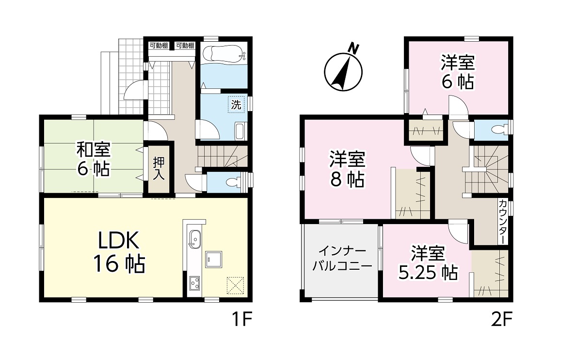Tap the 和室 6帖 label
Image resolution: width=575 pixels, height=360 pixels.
coord(93,159)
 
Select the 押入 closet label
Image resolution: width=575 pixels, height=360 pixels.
coord(159,168)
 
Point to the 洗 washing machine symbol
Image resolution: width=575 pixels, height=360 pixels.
coord(236,105)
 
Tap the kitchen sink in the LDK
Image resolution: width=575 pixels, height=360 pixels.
coord(194,240)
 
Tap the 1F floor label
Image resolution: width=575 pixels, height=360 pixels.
coord(241,320)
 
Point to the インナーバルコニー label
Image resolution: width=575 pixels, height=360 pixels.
coord(342,259)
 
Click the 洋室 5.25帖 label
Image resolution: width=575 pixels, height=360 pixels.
coord(428,263)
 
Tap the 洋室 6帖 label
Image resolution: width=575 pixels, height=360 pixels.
coord(458,72)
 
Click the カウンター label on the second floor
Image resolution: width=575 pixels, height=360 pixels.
coord(503,222)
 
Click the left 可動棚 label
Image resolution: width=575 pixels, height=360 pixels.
coord(159,46)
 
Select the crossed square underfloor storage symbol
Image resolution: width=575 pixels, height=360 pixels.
coord(235,285)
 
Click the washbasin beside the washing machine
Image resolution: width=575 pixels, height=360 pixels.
coord(240,132)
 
